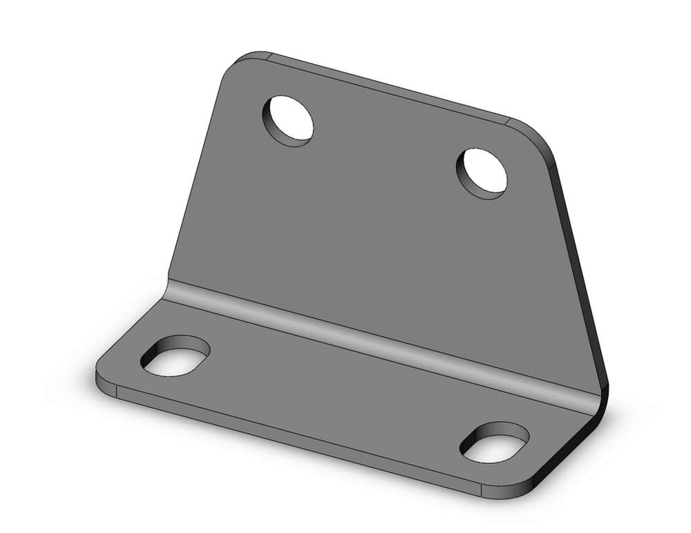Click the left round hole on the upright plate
(287, 120)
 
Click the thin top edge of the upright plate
(387, 88)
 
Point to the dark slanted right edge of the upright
(584, 276)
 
